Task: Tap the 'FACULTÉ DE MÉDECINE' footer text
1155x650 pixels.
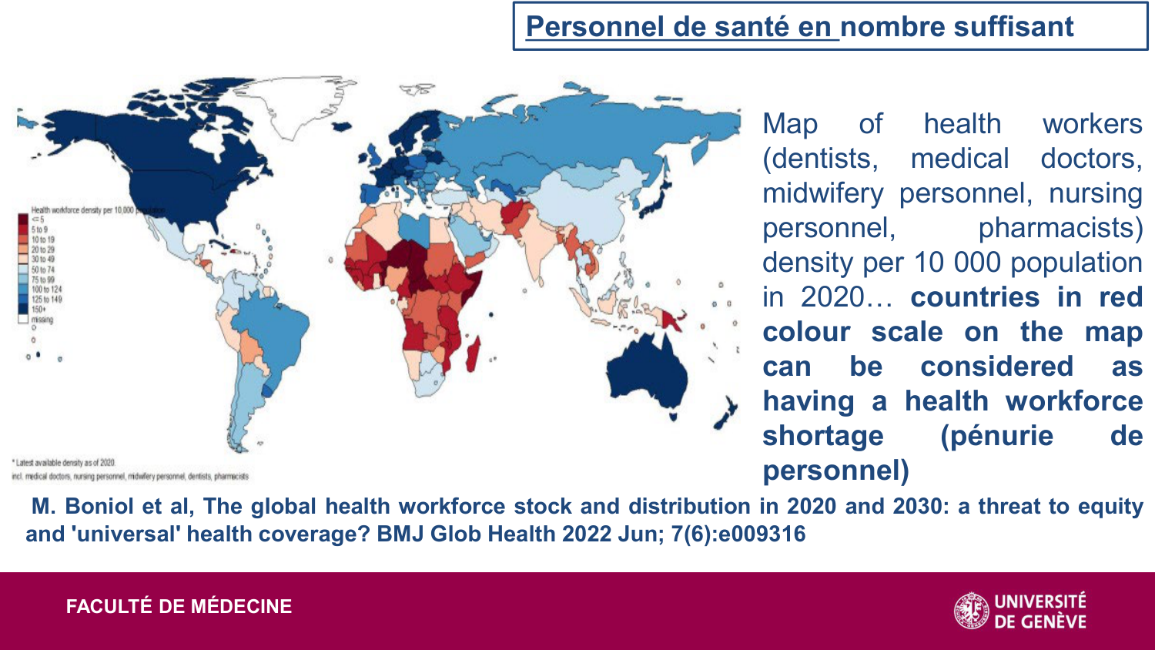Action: click(179, 607)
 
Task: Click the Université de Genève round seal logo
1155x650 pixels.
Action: click(971, 611)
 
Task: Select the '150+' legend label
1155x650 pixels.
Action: click(38, 309)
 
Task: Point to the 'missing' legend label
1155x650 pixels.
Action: click(42, 319)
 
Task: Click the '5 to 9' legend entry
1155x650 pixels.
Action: click(39, 230)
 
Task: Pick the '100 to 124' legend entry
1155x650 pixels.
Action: click(46, 290)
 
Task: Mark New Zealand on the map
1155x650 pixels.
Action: click(725, 412)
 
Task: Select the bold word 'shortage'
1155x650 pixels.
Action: click(822, 436)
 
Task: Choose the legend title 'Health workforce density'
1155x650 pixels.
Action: click(81, 209)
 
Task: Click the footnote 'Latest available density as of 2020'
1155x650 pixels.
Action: click(65, 463)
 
